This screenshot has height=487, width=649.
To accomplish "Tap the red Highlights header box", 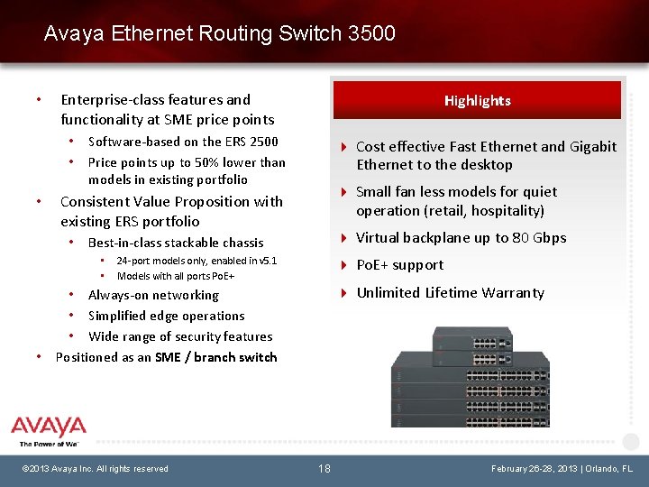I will tap(477, 100).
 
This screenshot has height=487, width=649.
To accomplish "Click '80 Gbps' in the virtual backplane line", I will tap(539, 238).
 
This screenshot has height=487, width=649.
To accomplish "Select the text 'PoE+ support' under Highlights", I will tap(400, 265).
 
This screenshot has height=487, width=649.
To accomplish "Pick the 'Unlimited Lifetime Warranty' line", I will tap(451, 293).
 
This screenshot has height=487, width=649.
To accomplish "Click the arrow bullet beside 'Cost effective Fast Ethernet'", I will tap(343, 147).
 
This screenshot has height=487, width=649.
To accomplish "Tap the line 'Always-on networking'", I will tap(153, 295).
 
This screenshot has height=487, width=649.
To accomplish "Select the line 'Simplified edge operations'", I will tap(166, 316).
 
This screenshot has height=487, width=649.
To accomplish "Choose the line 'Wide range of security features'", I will tap(180, 336).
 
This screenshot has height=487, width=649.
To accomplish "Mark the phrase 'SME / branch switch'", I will tap(215, 357).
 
